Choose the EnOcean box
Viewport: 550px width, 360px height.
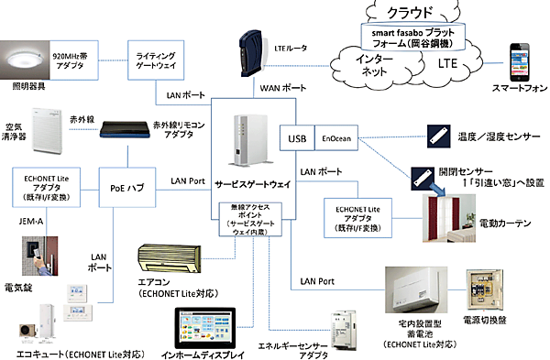pos(335,140)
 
